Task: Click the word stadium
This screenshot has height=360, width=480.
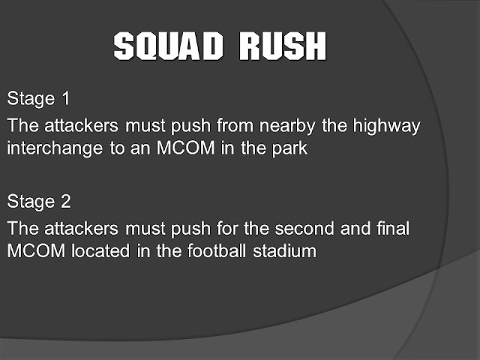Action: [286, 250]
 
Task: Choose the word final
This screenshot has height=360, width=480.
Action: [390, 227]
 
